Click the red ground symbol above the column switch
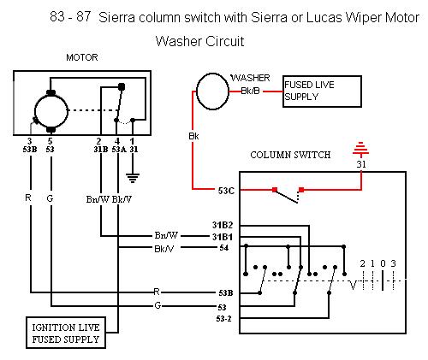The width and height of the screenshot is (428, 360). click(x=361, y=150)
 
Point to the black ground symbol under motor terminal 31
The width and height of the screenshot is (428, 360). click(x=133, y=178)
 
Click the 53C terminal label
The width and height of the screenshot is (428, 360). click(x=226, y=191)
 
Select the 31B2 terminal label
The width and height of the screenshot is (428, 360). click(x=223, y=225)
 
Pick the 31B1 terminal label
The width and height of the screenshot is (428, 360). click(x=223, y=237)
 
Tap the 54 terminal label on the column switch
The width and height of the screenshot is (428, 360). click(x=224, y=248)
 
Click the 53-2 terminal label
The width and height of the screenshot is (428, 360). click(x=224, y=319)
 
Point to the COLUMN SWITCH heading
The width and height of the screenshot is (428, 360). click(x=290, y=155)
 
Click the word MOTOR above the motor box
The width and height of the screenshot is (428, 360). click(x=82, y=57)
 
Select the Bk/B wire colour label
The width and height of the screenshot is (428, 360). click(x=251, y=91)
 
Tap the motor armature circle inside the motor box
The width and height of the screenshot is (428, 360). click(x=51, y=95)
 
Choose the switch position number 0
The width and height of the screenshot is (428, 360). click(x=383, y=263)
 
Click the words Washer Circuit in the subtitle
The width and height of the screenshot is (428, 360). click(x=200, y=41)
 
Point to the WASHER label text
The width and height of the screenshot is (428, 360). click(x=251, y=78)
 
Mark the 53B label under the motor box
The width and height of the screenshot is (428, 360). click(x=30, y=150)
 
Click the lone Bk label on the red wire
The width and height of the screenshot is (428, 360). click(x=193, y=136)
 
